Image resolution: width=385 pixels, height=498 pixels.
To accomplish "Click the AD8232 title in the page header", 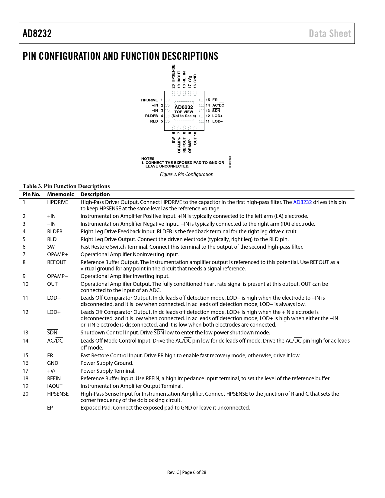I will [x=37, y=34].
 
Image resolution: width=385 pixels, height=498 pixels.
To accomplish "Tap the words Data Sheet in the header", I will [x=330, y=34].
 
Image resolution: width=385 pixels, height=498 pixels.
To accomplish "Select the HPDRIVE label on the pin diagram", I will [x=149, y=100].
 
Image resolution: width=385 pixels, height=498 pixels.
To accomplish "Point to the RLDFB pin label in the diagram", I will [x=151, y=116].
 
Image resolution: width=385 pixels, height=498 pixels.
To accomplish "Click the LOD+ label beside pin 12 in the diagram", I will [x=217, y=116].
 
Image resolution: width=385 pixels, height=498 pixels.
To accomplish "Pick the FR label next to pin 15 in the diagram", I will [x=215, y=100].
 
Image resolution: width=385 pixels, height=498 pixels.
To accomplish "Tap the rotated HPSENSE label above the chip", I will [x=173, y=73].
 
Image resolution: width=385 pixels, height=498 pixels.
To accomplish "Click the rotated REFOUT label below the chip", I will [x=184, y=145].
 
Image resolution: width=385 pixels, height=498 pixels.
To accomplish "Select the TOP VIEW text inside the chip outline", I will [x=184, y=112].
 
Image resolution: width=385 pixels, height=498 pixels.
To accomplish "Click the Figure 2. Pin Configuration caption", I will [x=187, y=174].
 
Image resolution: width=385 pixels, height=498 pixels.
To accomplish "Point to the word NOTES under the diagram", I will [x=148, y=159].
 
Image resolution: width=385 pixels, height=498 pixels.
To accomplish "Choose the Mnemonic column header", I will [x=60, y=194].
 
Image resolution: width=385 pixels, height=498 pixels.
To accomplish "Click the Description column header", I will [x=95, y=194].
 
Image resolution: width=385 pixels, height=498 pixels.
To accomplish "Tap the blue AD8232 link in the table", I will [x=302, y=202].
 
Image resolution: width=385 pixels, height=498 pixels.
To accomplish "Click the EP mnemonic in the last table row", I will [x=50, y=408].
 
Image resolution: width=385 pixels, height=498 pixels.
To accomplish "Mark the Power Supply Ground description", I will [x=107, y=363].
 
